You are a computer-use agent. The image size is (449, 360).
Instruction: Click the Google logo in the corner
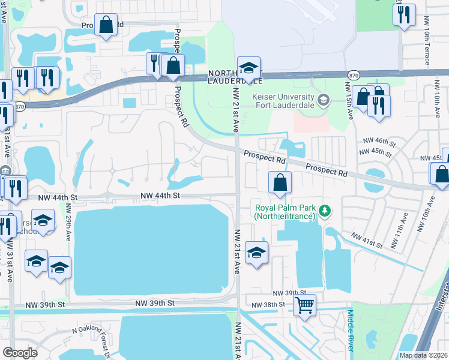[19, 353]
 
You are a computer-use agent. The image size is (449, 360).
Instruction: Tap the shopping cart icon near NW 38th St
[305, 306]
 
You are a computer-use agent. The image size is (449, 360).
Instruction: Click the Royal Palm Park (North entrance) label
[284, 212]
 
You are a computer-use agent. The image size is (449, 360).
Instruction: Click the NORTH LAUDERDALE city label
[236, 77]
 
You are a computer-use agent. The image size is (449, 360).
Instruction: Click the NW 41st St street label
[367, 240]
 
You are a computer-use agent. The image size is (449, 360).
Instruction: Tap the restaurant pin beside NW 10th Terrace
[404, 13]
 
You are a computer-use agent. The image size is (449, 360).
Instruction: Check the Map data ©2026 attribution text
[423, 355]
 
